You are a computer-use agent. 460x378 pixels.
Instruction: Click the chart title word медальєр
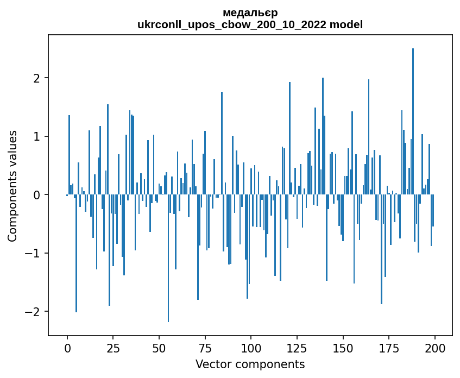point(250,12)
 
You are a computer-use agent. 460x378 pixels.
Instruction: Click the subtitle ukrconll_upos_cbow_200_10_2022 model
point(250,24)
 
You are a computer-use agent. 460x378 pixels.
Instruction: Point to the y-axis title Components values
point(12,186)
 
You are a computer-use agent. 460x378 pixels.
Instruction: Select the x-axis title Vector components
point(250,364)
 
